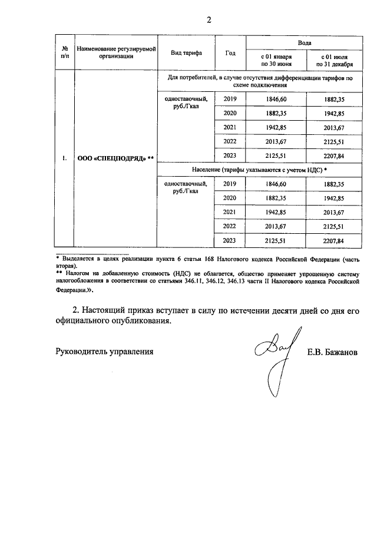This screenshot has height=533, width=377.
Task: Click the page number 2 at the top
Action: [x=208, y=20]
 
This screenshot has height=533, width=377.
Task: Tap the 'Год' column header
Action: [x=230, y=53]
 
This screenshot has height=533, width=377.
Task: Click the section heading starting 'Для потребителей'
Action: [x=260, y=82]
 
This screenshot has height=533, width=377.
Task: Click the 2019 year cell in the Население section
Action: [x=230, y=184]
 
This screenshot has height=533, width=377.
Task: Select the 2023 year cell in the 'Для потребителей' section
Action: [x=230, y=155]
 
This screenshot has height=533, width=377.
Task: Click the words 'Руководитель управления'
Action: [x=104, y=352]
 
